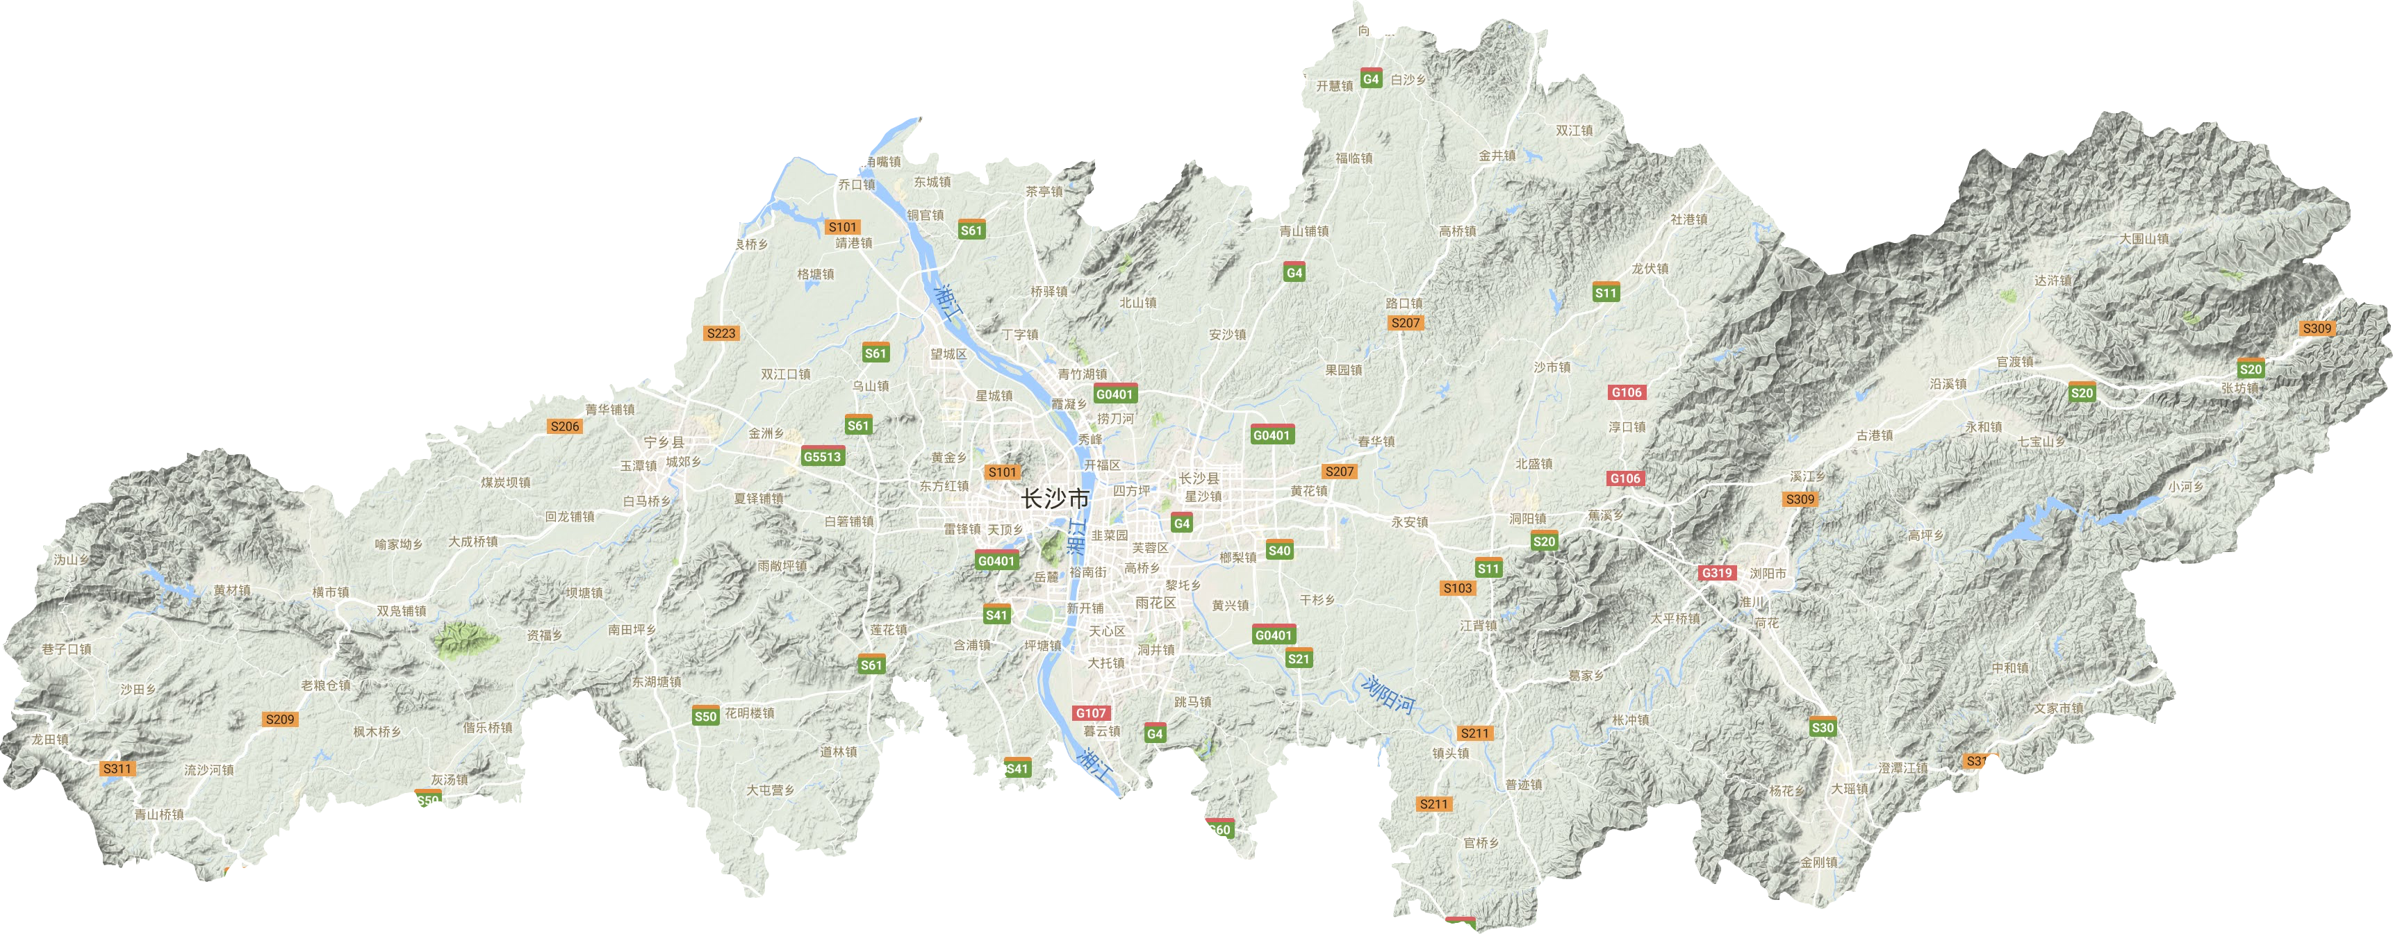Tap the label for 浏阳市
1768,574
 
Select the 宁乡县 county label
664,443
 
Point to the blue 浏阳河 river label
1388,694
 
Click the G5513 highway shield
822,457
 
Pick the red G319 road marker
1717,573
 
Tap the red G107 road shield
1091,713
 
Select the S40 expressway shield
1279,551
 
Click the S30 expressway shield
1823,728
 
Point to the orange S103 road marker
1458,587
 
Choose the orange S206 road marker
565,426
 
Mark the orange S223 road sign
721,333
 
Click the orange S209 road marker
279,719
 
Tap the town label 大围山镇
2144,239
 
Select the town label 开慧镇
1334,86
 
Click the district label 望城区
948,353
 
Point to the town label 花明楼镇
750,713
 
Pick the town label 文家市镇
2059,708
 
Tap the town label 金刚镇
1819,862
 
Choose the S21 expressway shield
1299,659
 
